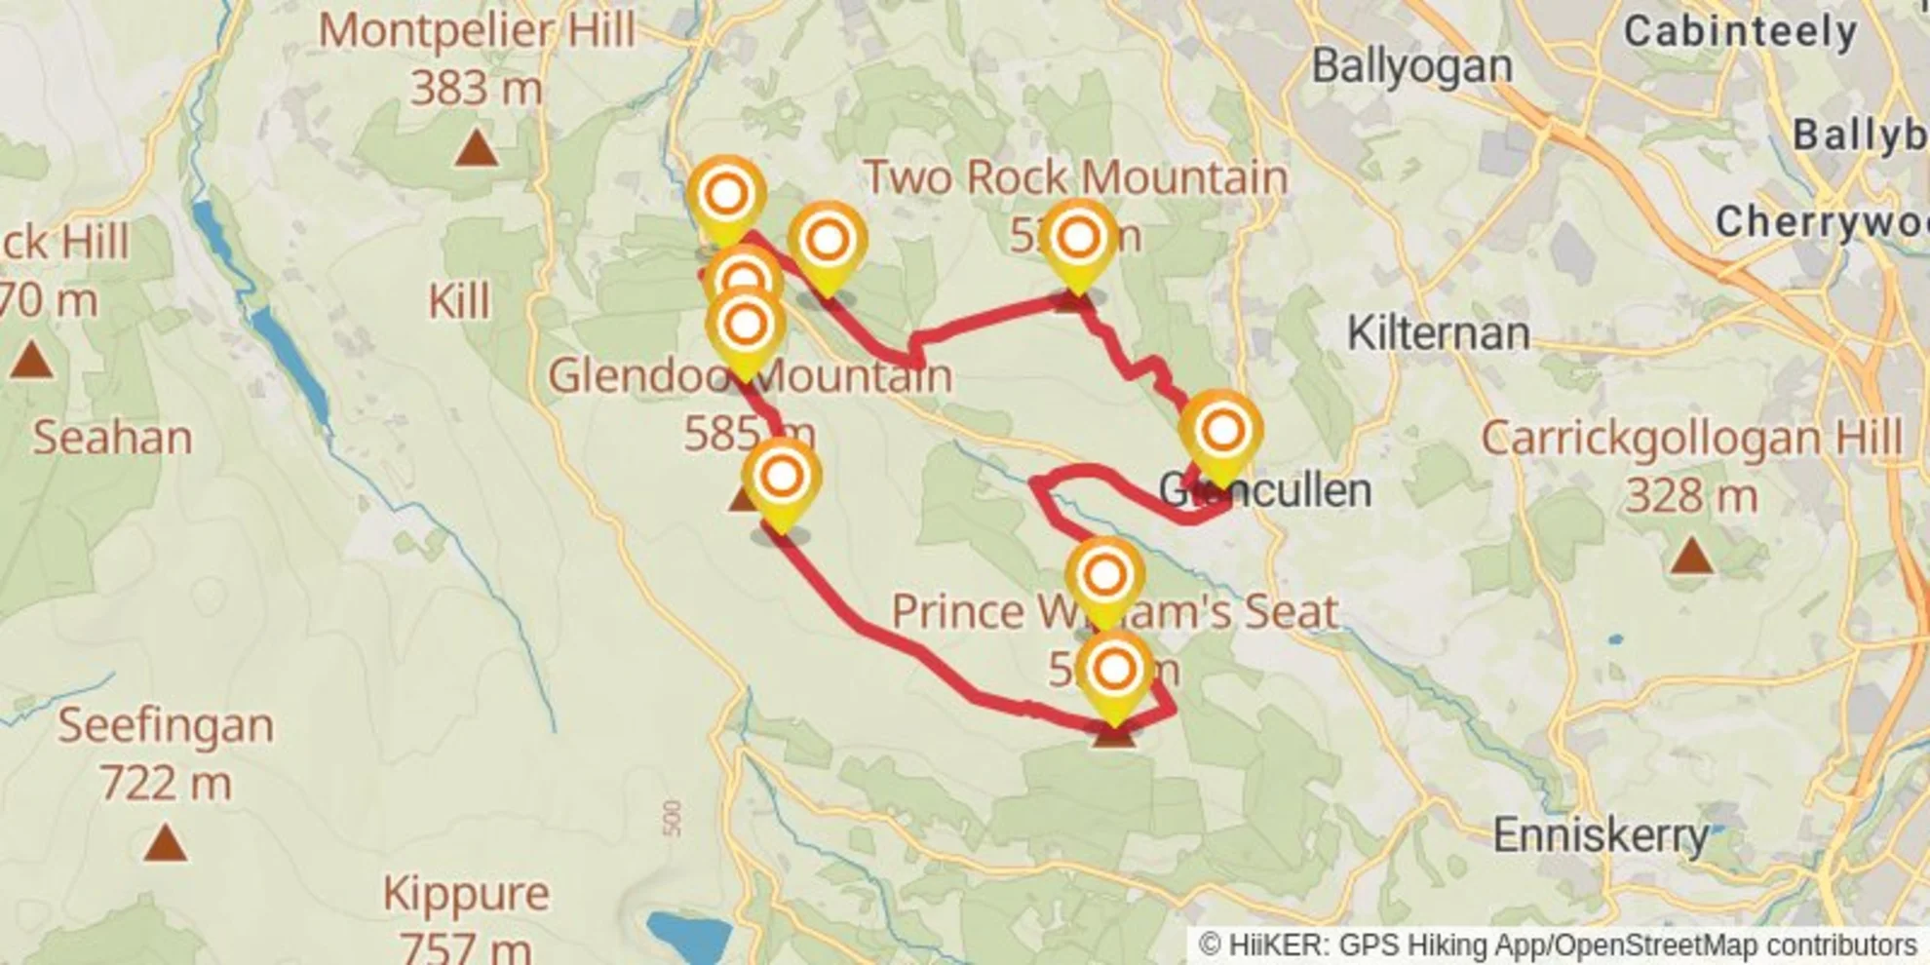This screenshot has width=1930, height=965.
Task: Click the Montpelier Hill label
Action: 477,29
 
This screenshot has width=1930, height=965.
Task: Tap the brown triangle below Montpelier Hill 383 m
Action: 477,148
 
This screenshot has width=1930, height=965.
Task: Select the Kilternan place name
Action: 1438,333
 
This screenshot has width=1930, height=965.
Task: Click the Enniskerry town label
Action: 1601,834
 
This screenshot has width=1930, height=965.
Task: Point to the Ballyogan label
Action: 1411,66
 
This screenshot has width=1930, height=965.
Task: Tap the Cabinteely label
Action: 1740,32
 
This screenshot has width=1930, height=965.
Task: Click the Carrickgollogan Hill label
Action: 1691,438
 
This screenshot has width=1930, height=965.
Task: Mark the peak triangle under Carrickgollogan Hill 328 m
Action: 1691,557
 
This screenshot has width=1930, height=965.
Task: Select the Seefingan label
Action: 165,725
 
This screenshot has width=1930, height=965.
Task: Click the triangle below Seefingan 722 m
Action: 165,843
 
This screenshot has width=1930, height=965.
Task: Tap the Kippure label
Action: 465,893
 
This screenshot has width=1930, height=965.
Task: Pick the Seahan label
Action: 112,438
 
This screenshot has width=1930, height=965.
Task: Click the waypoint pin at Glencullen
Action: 1222,431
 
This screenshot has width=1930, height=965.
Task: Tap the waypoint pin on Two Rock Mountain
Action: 1078,238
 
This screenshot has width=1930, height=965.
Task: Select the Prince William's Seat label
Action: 1114,611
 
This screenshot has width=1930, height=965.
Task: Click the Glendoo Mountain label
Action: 750,376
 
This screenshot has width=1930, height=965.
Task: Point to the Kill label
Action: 459,302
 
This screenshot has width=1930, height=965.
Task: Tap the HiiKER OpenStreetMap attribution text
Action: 1558,945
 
